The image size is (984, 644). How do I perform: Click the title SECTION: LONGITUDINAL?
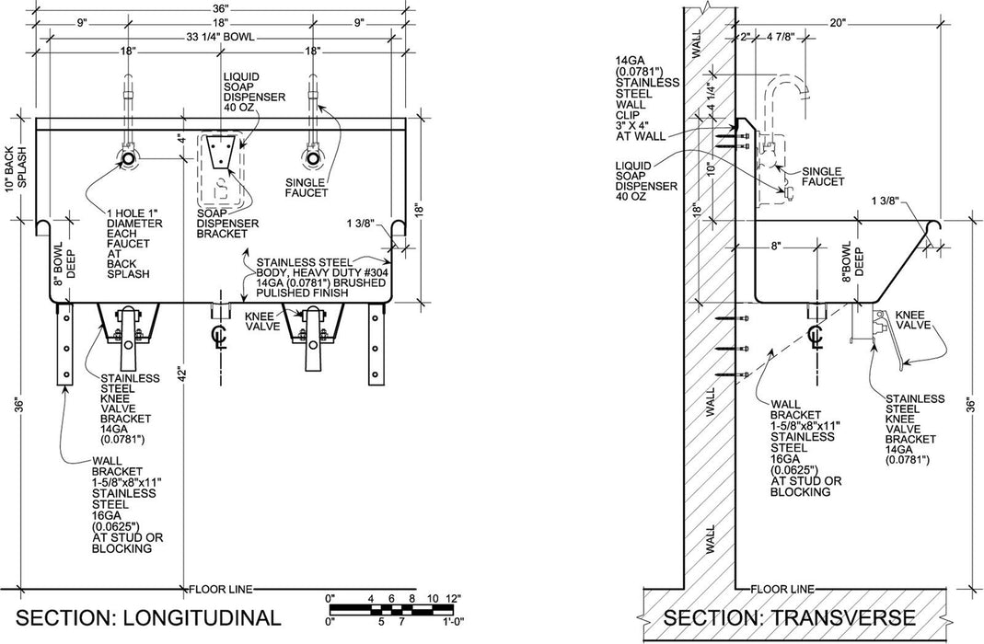(148, 615)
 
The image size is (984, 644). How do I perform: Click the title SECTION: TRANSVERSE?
(789, 615)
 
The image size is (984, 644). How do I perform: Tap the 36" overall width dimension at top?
(220, 8)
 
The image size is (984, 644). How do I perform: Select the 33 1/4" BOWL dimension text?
(220, 37)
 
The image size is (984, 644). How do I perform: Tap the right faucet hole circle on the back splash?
(313, 158)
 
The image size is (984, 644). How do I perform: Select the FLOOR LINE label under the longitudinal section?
(222, 587)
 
